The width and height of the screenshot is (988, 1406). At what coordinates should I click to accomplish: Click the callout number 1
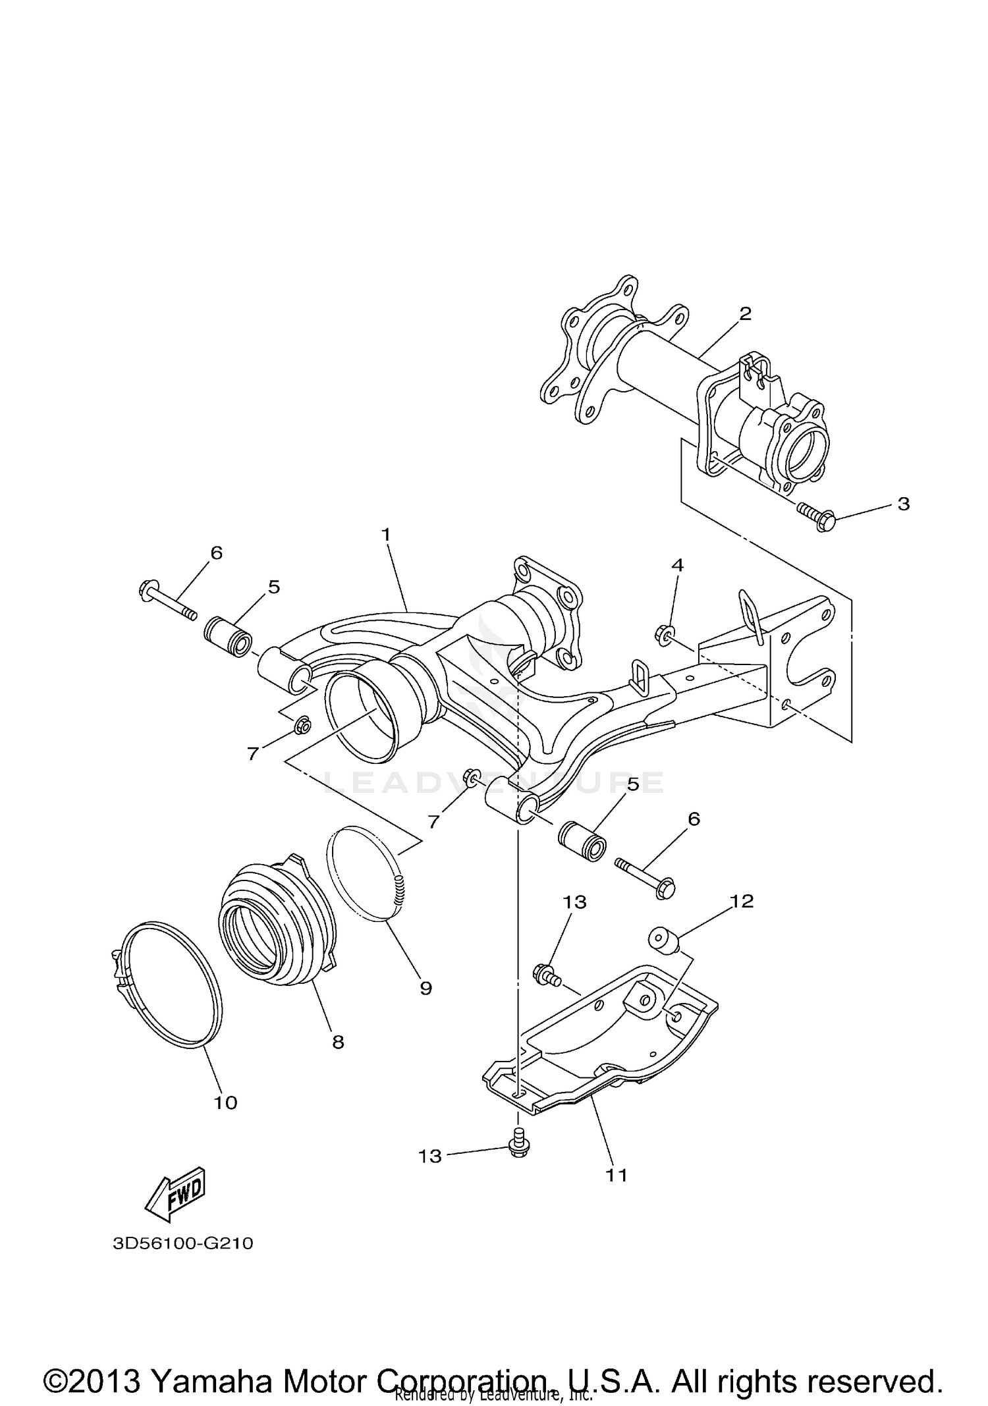[386, 535]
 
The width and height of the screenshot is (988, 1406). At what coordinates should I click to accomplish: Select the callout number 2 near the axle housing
[745, 313]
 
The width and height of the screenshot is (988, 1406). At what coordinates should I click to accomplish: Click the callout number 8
[338, 1042]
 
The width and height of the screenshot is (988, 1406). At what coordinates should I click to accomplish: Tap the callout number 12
[742, 901]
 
